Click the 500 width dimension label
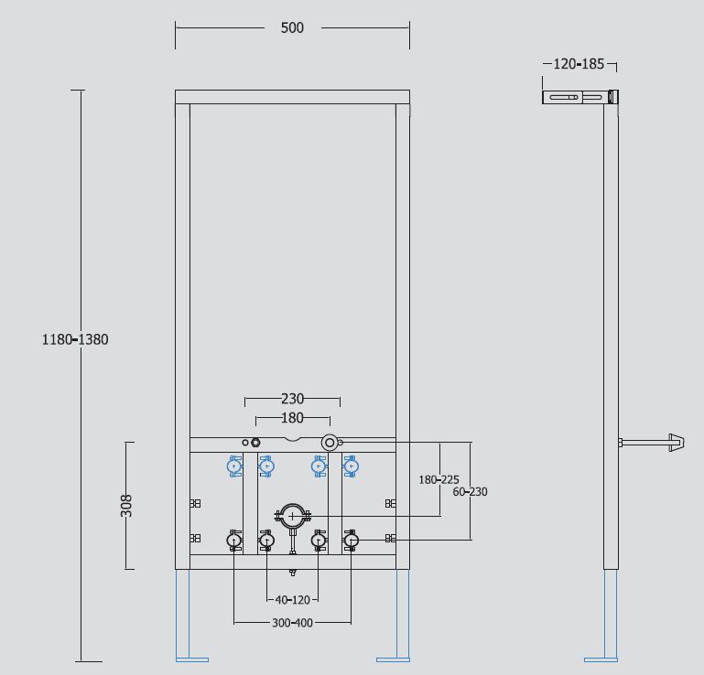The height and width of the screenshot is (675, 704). pos(292,27)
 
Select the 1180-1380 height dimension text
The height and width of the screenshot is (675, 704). pos(75,339)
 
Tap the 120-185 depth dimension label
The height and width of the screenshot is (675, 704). pos(579,64)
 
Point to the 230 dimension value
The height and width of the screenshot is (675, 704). pos(292,399)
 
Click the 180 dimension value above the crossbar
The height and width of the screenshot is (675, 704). pos(292,418)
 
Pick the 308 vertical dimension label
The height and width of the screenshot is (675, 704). pos(126,505)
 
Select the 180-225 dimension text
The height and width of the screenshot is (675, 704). pos(439,479)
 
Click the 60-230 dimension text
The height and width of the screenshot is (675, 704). pos(470,491)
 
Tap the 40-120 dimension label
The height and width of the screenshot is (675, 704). pos(292,600)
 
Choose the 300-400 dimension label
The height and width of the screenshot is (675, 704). pos(292,623)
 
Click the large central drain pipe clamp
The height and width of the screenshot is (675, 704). pos(292,516)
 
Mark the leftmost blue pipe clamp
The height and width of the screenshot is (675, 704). pos(234,467)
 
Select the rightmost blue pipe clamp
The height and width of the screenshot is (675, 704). pos(351,467)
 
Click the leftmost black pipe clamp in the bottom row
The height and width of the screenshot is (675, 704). pos(234,541)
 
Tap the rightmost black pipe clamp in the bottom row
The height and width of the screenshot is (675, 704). pos(351,541)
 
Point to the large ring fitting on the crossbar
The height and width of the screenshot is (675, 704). pos(329,443)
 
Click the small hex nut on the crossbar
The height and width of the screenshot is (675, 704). pos(256,443)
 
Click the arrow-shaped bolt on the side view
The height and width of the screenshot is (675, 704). pos(676,443)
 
